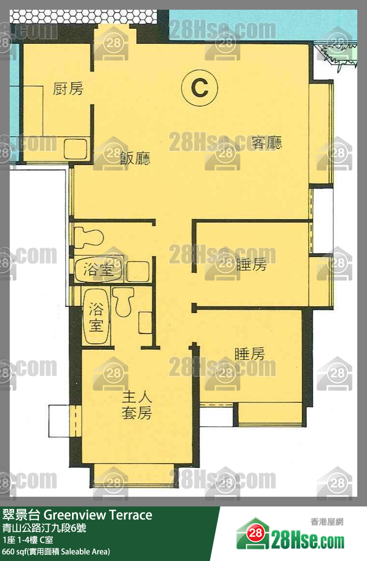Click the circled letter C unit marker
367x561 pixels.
coord(199,87)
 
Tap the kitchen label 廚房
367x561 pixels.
coord(68,88)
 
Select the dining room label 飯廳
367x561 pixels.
coord(135,158)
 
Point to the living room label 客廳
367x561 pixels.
coord(266,142)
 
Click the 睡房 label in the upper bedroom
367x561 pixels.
coord(252,264)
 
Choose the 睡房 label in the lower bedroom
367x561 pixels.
coord(250,354)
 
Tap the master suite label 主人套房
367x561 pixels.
coord(137,405)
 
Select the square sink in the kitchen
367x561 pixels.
coord(75,149)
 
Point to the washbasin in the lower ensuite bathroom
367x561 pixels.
coord(145,323)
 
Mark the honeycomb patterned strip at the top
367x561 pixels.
coord(83,17)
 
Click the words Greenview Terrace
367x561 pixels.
coord(98,515)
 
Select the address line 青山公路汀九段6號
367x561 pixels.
coord(44,528)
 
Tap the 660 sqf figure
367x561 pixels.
coord(14,551)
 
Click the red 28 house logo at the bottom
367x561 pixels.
coord(255,534)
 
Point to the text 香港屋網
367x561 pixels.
coord(327,522)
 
